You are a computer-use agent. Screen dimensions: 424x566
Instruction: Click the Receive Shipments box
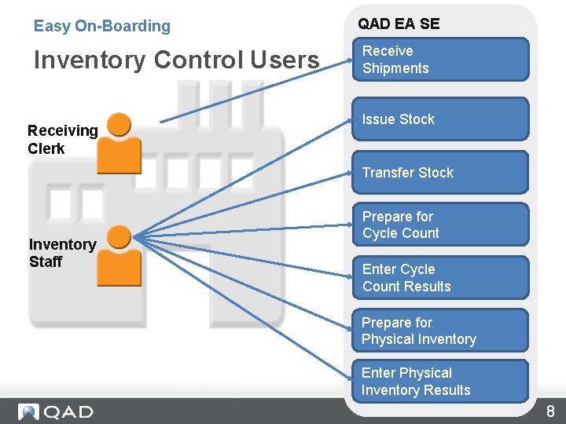(440, 60)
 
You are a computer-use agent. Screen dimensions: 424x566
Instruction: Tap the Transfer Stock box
(440, 173)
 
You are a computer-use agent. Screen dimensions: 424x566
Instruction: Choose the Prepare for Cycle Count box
(440, 225)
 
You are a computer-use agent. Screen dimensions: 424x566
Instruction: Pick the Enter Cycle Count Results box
(440, 278)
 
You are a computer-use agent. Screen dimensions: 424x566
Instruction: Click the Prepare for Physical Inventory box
(440, 331)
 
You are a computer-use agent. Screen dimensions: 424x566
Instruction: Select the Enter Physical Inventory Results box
(440, 382)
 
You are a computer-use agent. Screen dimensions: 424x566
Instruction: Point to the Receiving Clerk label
(62, 140)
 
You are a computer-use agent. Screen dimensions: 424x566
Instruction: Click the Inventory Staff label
(62, 253)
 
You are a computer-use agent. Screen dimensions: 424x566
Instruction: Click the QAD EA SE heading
(399, 24)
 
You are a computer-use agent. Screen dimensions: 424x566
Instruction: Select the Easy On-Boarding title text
(101, 26)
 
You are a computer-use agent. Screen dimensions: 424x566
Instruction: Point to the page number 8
(550, 411)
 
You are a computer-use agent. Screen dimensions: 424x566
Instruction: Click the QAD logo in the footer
(56, 411)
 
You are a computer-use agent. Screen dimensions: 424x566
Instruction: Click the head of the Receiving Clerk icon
(119, 124)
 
